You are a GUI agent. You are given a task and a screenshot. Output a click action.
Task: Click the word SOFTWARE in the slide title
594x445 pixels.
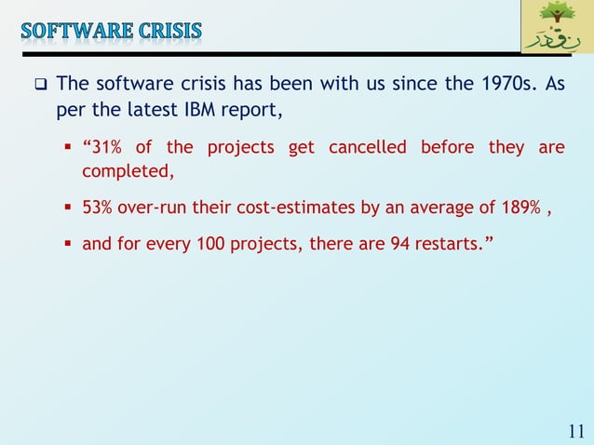76,31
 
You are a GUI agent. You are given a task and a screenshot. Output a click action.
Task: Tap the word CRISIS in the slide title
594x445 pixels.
169,31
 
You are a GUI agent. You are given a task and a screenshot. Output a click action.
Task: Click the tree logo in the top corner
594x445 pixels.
555,28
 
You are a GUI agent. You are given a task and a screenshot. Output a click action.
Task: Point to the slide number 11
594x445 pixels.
575,430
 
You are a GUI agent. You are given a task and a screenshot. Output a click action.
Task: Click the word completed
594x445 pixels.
126,172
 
